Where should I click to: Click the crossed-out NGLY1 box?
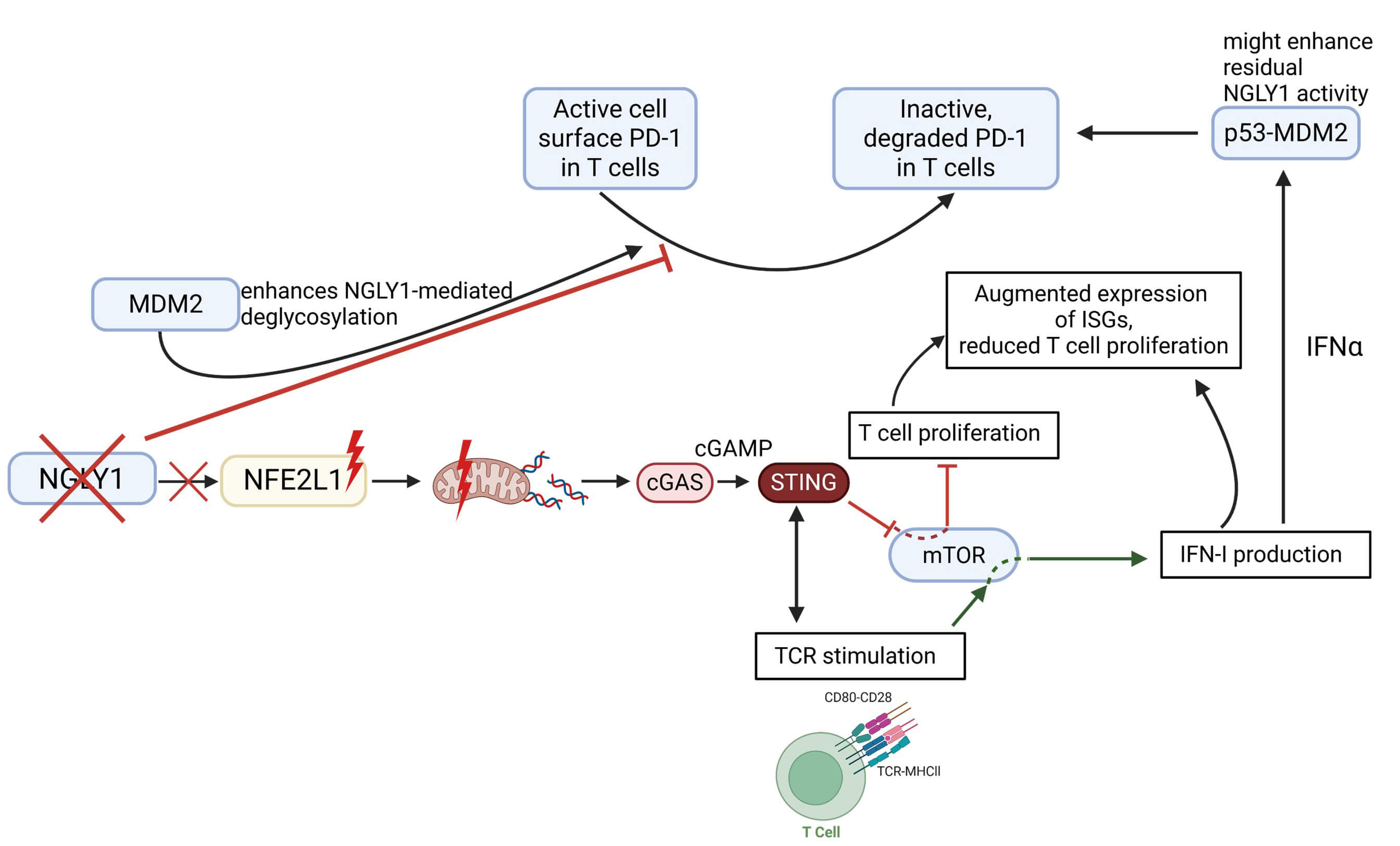click(82, 479)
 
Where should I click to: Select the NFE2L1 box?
click(293, 481)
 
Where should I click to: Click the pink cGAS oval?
click(674, 483)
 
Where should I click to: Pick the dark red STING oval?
click(803, 483)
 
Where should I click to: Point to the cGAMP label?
click(733, 448)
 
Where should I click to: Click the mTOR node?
click(953, 555)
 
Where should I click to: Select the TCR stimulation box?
click(860, 655)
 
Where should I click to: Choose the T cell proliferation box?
click(953, 435)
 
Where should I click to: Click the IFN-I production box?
click(1265, 554)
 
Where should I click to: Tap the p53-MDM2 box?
click(1285, 133)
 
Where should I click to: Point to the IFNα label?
click(1333, 347)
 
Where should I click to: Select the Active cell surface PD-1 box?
click(610, 138)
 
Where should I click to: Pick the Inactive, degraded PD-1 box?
click(945, 138)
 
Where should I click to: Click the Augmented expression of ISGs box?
click(1093, 320)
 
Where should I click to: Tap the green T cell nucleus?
click(815, 777)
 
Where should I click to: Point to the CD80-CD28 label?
click(857, 697)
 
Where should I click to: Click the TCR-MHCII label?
click(908, 771)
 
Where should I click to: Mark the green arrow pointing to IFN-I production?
click(1085, 559)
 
